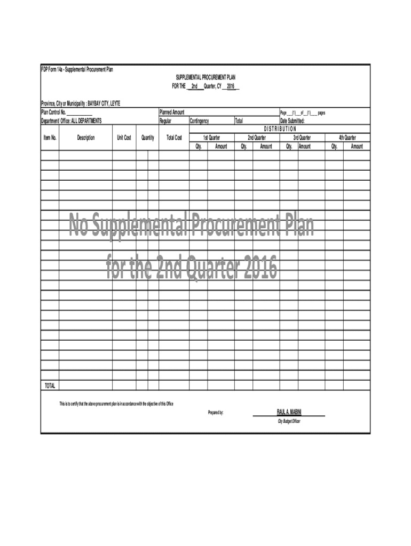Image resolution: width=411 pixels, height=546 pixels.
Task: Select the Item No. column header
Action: [x=50, y=138]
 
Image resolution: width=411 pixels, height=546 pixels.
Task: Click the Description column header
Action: [x=85, y=138]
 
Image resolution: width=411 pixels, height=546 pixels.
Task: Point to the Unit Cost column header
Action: [x=124, y=138]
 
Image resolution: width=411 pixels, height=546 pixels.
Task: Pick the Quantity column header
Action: [x=148, y=138]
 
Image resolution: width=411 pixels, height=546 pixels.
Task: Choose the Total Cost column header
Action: [x=174, y=138]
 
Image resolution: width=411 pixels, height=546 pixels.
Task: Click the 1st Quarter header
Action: [x=211, y=138]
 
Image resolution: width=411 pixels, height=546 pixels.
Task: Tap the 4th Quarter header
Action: [x=347, y=138]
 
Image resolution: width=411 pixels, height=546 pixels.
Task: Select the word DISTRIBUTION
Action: [x=280, y=129]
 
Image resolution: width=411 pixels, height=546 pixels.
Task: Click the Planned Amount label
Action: [x=172, y=113]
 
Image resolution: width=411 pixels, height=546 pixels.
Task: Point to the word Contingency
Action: [x=199, y=121]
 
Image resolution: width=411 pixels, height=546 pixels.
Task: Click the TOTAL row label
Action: [x=50, y=386]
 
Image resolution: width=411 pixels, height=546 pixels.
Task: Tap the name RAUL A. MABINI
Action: [x=289, y=412]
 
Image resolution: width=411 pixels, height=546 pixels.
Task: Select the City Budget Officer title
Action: [x=288, y=421]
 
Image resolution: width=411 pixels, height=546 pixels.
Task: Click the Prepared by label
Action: [x=216, y=413]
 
